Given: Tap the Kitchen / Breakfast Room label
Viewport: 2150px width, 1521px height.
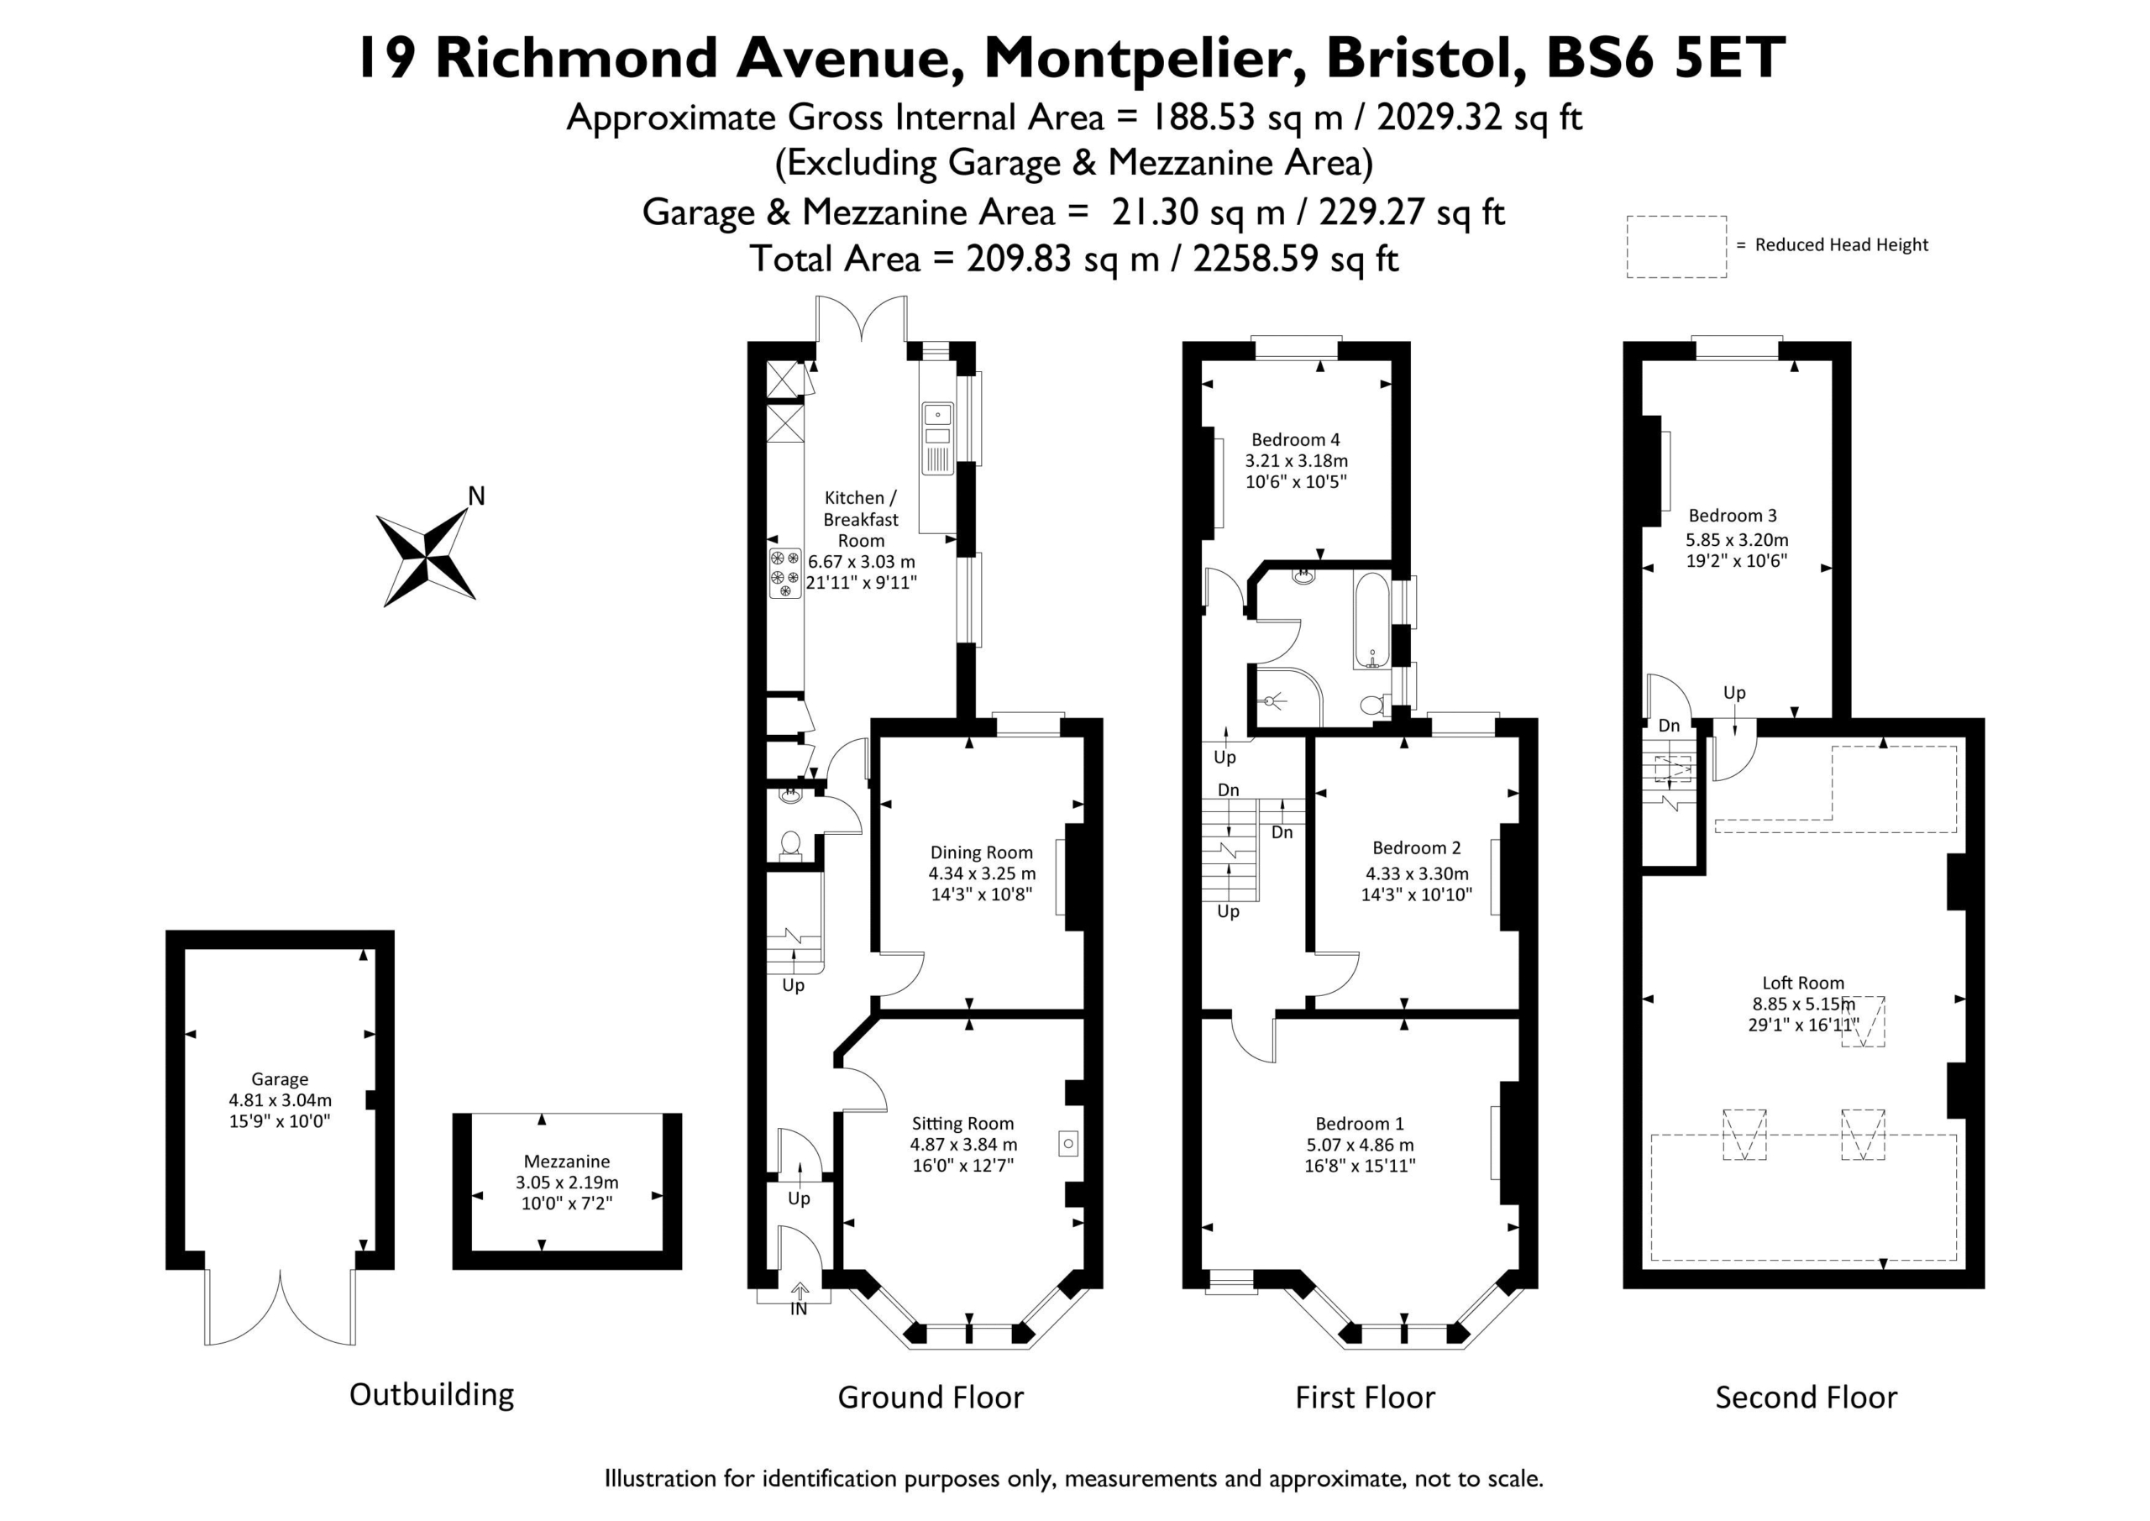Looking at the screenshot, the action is tap(861, 519).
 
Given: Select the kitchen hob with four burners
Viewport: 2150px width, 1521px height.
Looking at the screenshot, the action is tap(784, 573).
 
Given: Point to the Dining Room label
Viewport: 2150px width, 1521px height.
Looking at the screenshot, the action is tap(982, 852).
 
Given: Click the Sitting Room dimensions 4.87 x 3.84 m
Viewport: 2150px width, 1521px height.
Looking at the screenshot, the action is tap(962, 1145).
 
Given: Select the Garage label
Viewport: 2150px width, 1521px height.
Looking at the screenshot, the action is tap(279, 1079).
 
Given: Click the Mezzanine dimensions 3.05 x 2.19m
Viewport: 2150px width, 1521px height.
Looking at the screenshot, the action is tap(567, 1182).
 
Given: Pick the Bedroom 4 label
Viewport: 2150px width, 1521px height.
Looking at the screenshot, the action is tap(1295, 439).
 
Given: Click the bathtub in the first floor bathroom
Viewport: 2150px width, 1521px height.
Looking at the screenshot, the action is tap(1371, 619).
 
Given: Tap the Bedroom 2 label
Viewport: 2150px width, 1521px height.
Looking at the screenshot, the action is tap(1416, 847).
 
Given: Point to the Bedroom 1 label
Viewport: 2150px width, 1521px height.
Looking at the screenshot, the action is tap(1360, 1123).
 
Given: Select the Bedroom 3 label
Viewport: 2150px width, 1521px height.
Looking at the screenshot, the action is tap(1733, 515).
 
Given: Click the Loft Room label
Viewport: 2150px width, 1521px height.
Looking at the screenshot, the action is tap(1802, 983).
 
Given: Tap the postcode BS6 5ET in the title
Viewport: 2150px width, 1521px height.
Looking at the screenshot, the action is tap(1665, 58).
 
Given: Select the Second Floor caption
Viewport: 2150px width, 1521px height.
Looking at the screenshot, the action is tap(1806, 1398).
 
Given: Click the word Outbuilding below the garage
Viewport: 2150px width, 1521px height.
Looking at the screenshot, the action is tap(432, 1394).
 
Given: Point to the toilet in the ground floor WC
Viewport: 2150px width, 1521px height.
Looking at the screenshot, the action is tap(791, 845).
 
